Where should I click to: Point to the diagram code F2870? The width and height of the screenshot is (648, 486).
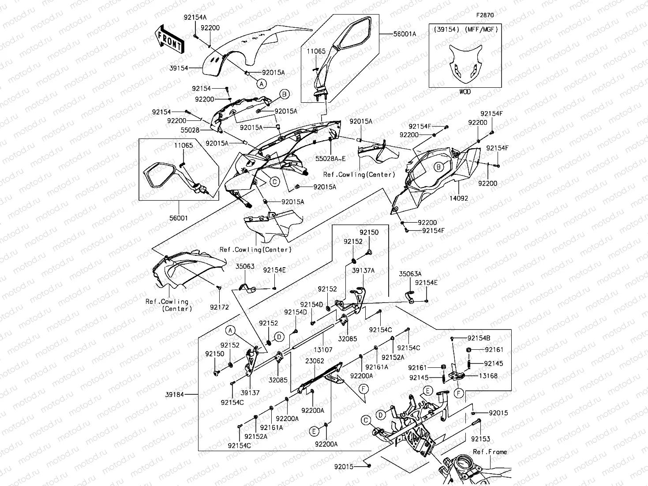click(x=484, y=15)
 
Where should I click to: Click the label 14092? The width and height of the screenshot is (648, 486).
click(x=459, y=198)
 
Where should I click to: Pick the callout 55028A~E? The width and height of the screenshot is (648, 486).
click(x=330, y=158)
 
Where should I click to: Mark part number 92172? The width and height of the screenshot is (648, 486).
click(x=219, y=307)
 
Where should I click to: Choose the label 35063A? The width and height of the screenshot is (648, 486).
click(x=410, y=274)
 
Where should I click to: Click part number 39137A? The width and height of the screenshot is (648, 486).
click(x=363, y=270)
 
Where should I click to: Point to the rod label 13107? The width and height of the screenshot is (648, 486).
click(x=323, y=350)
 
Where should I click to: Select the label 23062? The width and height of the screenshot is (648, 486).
click(x=315, y=361)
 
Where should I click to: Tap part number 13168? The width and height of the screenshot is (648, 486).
click(x=488, y=376)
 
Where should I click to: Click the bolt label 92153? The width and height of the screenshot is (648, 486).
click(x=480, y=439)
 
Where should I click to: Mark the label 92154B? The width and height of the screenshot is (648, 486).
click(x=479, y=338)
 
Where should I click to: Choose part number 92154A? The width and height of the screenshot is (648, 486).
click(x=195, y=17)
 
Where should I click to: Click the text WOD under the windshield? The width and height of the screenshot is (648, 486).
click(x=465, y=92)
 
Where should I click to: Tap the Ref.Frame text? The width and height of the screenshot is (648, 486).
click(x=490, y=452)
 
